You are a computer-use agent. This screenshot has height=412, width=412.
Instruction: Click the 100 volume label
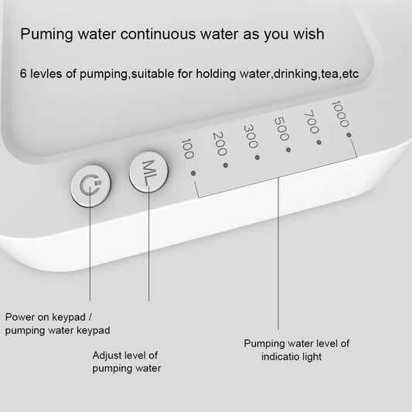click(x=186, y=148)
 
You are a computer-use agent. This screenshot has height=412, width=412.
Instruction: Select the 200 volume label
click(x=218, y=142)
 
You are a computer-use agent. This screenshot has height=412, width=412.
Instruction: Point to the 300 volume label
click(x=250, y=136)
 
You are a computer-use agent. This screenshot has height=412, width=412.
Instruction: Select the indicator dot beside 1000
click(x=349, y=134)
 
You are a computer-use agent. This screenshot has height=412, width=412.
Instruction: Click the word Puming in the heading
click(x=46, y=35)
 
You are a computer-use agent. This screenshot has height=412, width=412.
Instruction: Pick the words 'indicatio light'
click(x=291, y=356)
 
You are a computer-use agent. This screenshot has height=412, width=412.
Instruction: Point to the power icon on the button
click(x=90, y=186)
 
